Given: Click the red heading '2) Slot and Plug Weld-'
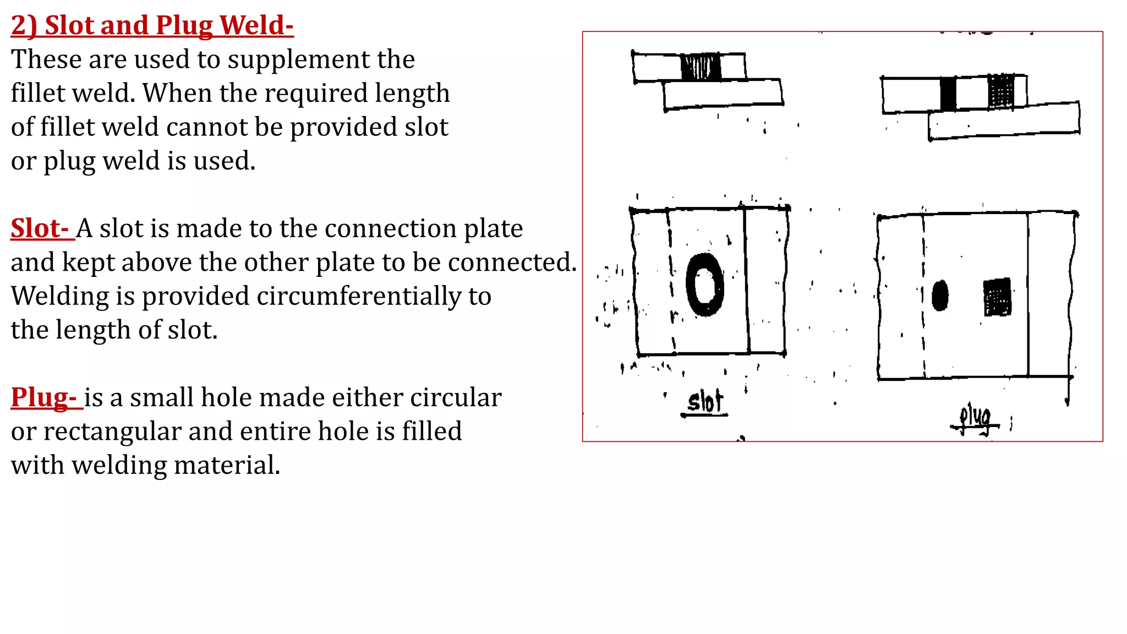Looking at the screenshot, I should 152,25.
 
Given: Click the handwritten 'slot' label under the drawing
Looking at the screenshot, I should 704,402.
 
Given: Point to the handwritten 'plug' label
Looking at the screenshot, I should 975,418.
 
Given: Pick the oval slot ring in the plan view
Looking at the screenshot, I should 705,285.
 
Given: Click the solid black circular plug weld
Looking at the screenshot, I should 940,296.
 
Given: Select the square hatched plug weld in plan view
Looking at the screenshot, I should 997,297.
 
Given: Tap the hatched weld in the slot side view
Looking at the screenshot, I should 701,67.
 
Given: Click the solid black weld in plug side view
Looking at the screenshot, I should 948,94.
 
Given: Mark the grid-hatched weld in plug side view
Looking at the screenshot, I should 1001,91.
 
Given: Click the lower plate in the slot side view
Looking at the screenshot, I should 723,94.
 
